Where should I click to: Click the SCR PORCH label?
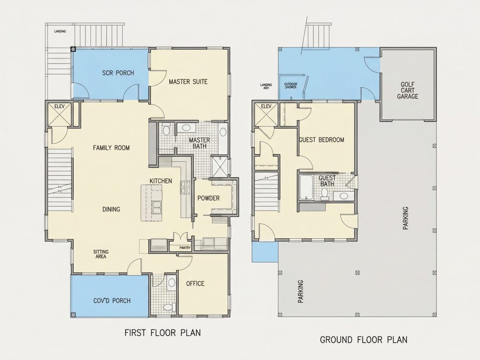tap(118, 73)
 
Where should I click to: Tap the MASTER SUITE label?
tap(188, 82)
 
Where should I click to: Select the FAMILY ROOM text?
tap(111, 148)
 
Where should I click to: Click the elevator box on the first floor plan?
tap(59, 114)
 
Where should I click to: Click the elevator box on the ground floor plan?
tap(266, 114)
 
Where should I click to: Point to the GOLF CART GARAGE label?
tap(408, 90)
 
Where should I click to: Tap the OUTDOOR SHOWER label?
tap(291, 86)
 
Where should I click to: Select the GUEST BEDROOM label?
tap(322, 140)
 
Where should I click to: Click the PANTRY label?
tap(185, 248)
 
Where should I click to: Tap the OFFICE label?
tap(195, 284)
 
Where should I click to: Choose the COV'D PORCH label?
tap(112, 301)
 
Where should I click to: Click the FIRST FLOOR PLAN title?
tap(163, 333)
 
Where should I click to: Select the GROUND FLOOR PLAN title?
tap(363, 340)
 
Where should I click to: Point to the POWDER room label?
tap(209, 199)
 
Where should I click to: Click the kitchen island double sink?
tap(157, 207)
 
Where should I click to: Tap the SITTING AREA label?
tap(101, 254)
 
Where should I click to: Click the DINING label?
tap(111, 209)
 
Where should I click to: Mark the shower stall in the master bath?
tap(219, 167)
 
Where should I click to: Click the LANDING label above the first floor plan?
tap(60, 31)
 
